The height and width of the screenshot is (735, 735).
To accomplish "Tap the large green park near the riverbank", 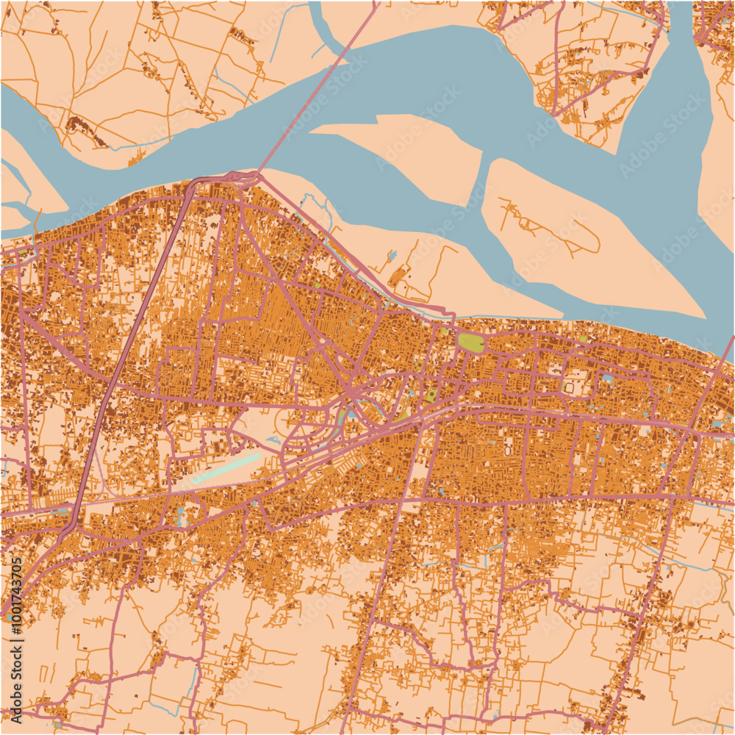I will click(471, 342).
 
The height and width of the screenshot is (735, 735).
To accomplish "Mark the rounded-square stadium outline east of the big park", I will click(570, 386).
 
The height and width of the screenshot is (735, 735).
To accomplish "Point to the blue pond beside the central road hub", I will click(351, 414).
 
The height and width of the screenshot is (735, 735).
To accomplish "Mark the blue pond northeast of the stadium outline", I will click(607, 379).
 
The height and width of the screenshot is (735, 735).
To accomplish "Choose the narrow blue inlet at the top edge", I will click(317, 15).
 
